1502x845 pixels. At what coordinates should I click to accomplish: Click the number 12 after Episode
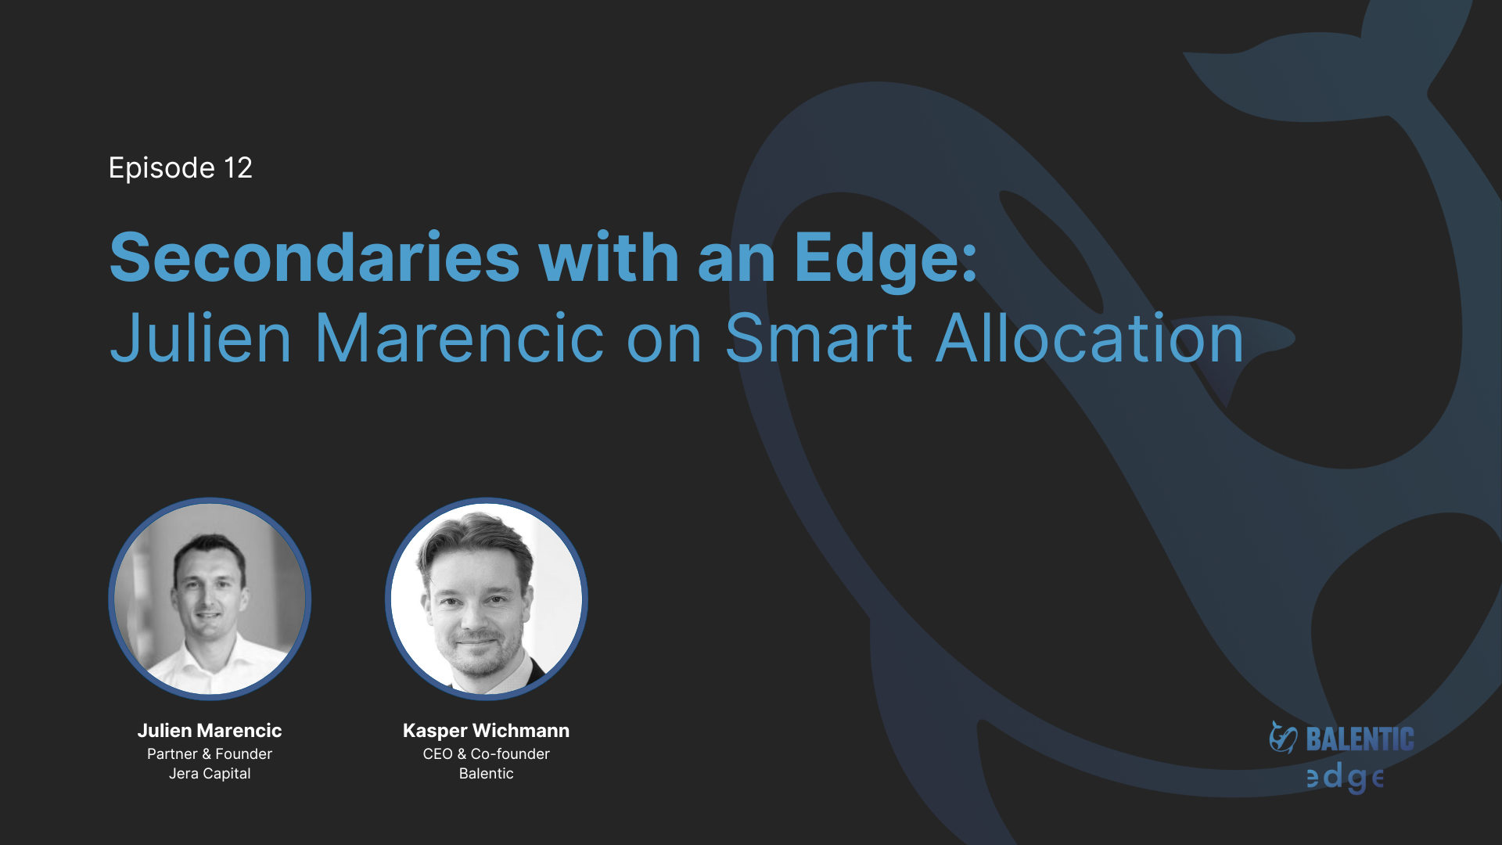(238, 167)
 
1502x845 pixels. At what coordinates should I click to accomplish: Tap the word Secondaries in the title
(314, 257)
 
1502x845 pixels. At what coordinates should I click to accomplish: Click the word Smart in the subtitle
(819, 339)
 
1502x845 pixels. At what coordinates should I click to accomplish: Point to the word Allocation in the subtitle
(1090, 339)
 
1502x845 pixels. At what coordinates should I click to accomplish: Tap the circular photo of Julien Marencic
(210, 599)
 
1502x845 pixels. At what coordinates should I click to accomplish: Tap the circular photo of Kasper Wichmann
(487, 599)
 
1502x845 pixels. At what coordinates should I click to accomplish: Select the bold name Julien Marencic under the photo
(210, 731)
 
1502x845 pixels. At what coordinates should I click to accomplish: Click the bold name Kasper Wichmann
(487, 731)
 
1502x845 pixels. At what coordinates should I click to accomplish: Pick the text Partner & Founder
(210, 754)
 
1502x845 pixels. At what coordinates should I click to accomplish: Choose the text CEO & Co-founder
(487, 754)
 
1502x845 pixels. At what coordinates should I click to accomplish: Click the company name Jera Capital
(210, 774)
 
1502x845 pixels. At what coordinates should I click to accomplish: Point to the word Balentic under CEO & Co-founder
(487, 774)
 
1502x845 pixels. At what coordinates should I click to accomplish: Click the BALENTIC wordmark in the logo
(1360, 739)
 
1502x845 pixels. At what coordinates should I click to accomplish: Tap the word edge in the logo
(1346, 777)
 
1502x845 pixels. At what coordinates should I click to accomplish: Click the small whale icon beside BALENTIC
(1283, 738)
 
